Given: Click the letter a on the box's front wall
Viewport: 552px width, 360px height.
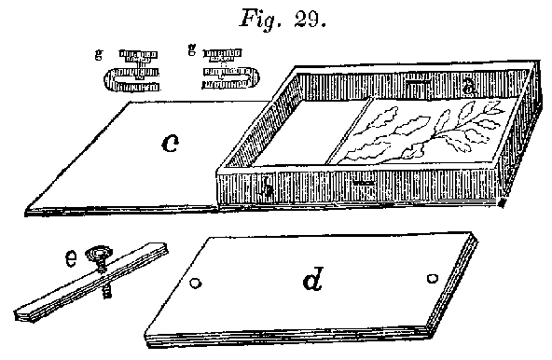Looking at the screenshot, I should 269,191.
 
